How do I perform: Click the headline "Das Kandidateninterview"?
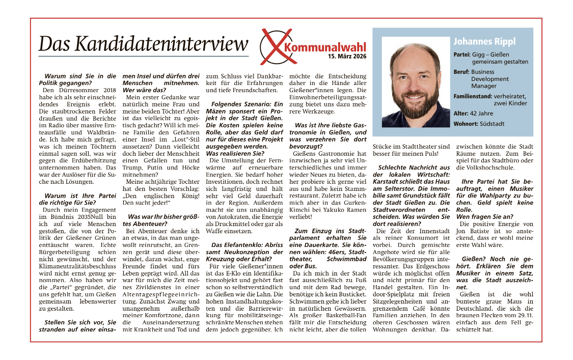point(143,44)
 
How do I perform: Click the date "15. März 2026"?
point(347,56)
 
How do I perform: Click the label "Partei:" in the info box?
point(462,54)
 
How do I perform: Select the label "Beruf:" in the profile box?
point(461,72)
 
